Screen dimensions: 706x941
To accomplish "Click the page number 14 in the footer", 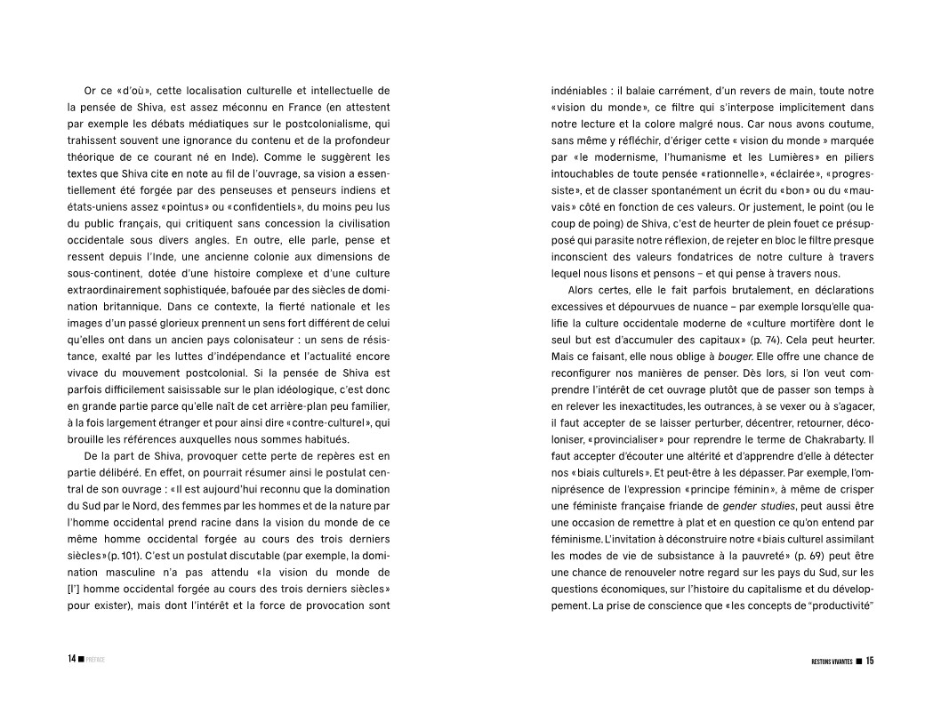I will (69, 660).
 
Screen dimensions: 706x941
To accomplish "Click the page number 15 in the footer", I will (870, 660).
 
